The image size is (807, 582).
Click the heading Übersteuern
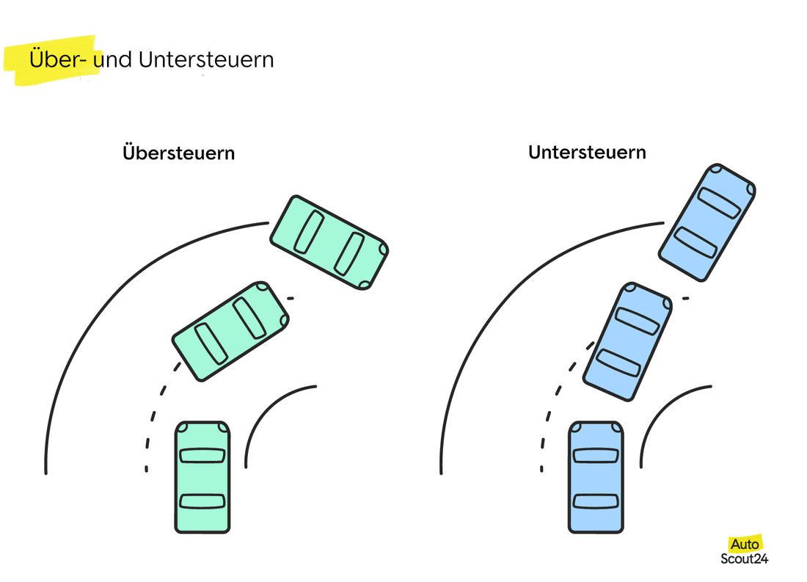(x=179, y=153)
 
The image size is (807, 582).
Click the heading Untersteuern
(x=587, y=152)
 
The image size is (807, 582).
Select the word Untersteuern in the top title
(x=205, y=59)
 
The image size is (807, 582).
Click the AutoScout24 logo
(x=745, y=550)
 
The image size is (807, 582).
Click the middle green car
(x=230, y=330)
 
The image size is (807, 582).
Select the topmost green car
(x=329, y=241)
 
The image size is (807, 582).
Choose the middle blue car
(x=627, y=341)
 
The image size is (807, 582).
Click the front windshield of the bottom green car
(x=202, y=455)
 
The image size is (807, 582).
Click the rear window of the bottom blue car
(x=596, y=501)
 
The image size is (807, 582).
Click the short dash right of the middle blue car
(x=685, y=298)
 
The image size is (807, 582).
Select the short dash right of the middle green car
(x=291, y=298)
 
